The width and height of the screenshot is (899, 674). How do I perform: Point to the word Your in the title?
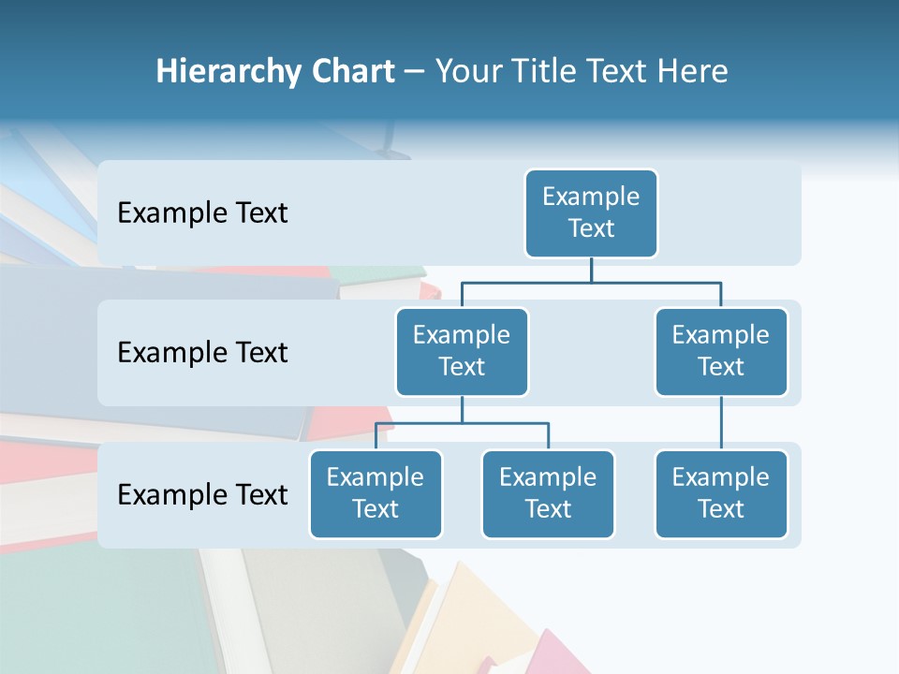pos(466,72)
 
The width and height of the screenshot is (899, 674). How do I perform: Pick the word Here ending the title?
pos(693,72)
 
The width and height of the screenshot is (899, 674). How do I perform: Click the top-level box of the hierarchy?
pos(591,213)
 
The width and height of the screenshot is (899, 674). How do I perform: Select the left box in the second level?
pos(462,352)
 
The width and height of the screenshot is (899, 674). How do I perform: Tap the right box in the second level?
pos(721,352)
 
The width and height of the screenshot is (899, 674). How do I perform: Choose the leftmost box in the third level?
pos(376,494)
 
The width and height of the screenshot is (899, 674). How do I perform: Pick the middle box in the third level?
pos(548,494)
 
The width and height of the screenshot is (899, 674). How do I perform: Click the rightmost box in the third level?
pos(721,494)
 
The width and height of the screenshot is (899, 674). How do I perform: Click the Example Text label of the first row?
pos(202,213)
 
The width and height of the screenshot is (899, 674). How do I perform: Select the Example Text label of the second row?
pos(202,353)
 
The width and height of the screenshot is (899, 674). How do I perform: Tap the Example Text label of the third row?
pos(202,495)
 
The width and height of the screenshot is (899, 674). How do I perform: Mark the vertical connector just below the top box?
pos(591,270)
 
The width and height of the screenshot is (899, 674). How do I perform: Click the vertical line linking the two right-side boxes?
pos(721,423)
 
